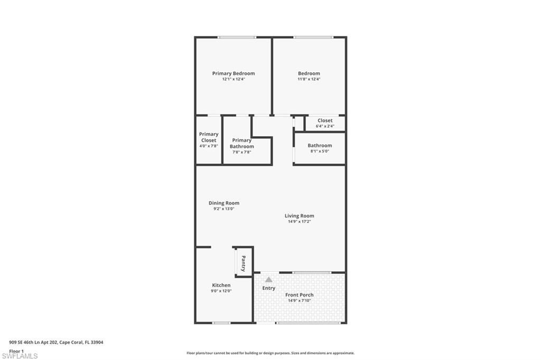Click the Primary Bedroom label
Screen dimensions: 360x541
coord(233,73)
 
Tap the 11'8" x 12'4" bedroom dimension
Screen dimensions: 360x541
coord(309,79)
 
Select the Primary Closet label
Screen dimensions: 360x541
coord(209,137)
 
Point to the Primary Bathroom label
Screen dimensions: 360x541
coord(241,143)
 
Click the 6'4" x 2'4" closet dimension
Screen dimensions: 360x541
coord(324,126)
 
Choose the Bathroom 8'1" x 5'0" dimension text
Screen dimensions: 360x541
coord(320,151)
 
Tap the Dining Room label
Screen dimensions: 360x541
coord(224,203)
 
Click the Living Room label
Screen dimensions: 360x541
coord(299,215)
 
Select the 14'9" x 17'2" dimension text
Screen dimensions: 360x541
coord(299,222)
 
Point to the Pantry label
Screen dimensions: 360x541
coord(244,263)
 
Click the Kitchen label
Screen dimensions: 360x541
coord(221,285)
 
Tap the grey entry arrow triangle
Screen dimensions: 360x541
coord(268,279)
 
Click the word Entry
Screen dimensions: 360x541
coord(268,288)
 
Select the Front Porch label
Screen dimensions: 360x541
coord(299,295)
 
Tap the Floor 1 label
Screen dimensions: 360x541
coord(16,351)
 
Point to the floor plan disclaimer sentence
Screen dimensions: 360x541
coord(270,353)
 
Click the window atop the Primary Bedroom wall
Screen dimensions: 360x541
coord(237,37)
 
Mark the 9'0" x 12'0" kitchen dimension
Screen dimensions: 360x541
coord(221,291)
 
